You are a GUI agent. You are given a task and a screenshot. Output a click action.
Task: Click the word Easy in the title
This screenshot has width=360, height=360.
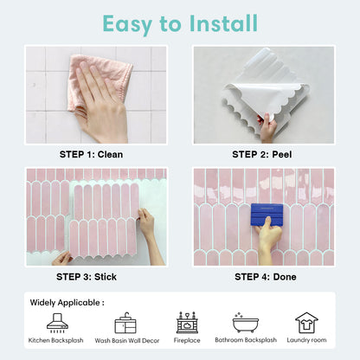click(x=129, y=22)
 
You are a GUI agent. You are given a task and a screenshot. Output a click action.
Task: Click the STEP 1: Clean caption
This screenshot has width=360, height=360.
click(x=91, y=154)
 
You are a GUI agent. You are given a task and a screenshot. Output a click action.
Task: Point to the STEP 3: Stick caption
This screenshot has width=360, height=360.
click(x=91, y=277)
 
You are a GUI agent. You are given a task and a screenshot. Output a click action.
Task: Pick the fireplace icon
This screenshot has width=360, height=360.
click(x=186, y=323)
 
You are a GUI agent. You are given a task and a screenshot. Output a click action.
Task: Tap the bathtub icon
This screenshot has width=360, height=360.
click(x=245, y=322)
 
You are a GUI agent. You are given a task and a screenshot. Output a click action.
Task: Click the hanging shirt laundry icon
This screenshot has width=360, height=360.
click(x=306, y=323)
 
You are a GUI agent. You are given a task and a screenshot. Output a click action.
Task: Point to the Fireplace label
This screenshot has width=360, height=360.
click(x=186, y=341)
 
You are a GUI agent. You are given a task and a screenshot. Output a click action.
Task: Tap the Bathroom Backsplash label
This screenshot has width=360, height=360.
click(x=245, y=341)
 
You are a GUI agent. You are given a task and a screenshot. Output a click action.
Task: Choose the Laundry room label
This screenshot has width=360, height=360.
click(x=306, y=341)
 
